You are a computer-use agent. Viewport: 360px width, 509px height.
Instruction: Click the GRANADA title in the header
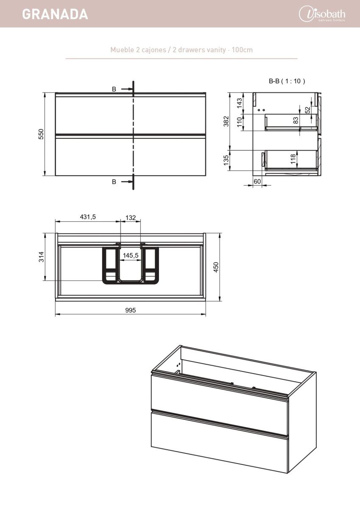pyautogui.click(x=55, y=14)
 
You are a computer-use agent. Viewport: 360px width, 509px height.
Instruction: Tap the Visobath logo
pyautogui.click(x=322, y=14)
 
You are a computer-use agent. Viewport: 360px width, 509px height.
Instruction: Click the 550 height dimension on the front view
pyautogui.click(x=41, y=134)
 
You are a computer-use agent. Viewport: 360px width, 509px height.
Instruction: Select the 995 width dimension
pyautogui.click(x=130, y=310)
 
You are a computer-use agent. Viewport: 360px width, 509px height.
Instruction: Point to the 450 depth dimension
pyautogui.click(x=216, y=267)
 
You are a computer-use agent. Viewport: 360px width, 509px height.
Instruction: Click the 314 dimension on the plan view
pyautogui.click(x=41, y=257)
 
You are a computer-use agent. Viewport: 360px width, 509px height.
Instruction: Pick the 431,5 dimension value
pyautogui.click(x=88, y=217)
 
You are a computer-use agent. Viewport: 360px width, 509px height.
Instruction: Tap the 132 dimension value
pyautogui.click(x=131, y=218)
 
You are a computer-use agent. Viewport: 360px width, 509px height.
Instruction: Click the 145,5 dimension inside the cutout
pyautogui.click(x=131, y=255)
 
